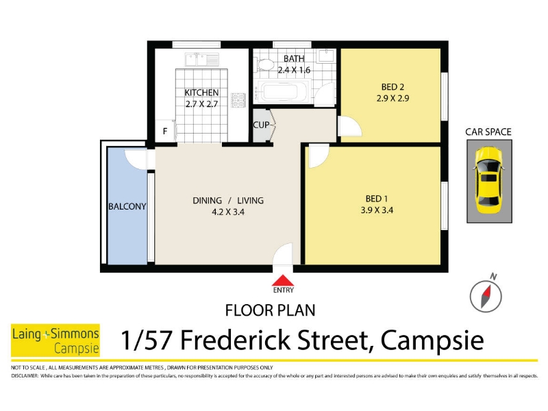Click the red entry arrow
point(283,280)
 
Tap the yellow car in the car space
point(488,180)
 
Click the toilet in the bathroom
point(266,64)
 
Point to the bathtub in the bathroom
point(282,91)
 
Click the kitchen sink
point(202,60)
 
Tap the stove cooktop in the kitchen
point(238,100)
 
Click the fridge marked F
point(165,131)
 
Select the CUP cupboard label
point(261,125)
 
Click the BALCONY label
point(127,207)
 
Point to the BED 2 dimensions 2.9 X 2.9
point(393,98)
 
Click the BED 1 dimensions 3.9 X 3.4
point(377,210)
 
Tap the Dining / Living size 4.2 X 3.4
point(228,212)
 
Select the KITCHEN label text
point(201,92)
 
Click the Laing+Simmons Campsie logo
point(55,340)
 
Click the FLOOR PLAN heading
point(270,310)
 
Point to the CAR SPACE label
point(488,132)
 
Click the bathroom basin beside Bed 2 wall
point(327,55)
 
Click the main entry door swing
point(282,253)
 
